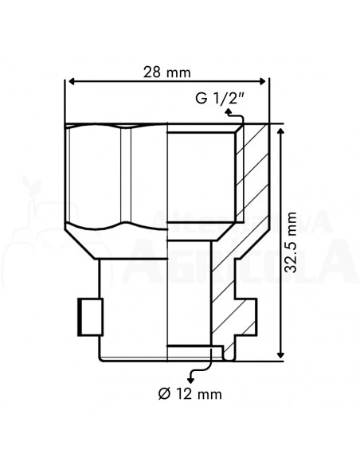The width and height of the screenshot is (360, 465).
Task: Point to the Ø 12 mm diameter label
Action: pyautogui.click(x=190, y=393)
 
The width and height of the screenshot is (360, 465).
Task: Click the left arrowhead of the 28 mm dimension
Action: pyautogui.click(x=69, y=81)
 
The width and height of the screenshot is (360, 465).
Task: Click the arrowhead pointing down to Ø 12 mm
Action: pyautogui.click(x=189, y=373)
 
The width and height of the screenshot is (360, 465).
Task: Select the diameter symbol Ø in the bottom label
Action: pyautogui.click(x=162, y=393)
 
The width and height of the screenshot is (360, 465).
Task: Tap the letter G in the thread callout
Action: pyautogui.click(x=200, y=99)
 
